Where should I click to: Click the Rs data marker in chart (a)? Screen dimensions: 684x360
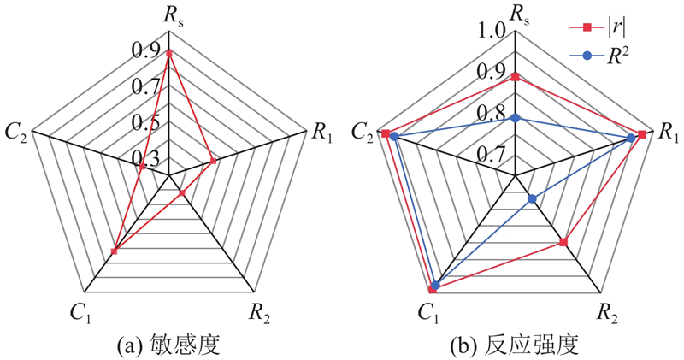pyautogui.click(x=168, y=54)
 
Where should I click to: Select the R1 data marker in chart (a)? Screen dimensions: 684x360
pyautogui.click(x=213, y=161)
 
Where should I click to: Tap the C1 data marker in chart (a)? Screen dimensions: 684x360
pyautogui.click(x=115, y=251)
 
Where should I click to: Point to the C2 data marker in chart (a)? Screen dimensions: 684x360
pyautogui.click(x=142, y=166)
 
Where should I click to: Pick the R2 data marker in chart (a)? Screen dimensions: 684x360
pyautogui.click(x=182, y=193)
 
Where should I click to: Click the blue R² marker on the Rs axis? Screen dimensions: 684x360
pyautogui.click(x=516, y=118)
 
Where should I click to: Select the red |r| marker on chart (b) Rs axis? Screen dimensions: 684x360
pyautogui.click(x=516, y=77)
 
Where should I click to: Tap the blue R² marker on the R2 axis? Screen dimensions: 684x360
pyautogui.click(x=532, y=199)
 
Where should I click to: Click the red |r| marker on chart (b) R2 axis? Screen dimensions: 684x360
pyautogui.click(x=563, y=242)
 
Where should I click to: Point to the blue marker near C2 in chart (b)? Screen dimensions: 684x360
pyautogui.click(x=394, y=137)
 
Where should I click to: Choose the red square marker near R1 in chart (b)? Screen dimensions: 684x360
pyautogui.click(x=642, y=134)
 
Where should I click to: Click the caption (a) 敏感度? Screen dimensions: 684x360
pyautogui.click(x=168, y=345)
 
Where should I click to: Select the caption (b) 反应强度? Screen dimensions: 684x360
pyautogui.click(x=515, y=345)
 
